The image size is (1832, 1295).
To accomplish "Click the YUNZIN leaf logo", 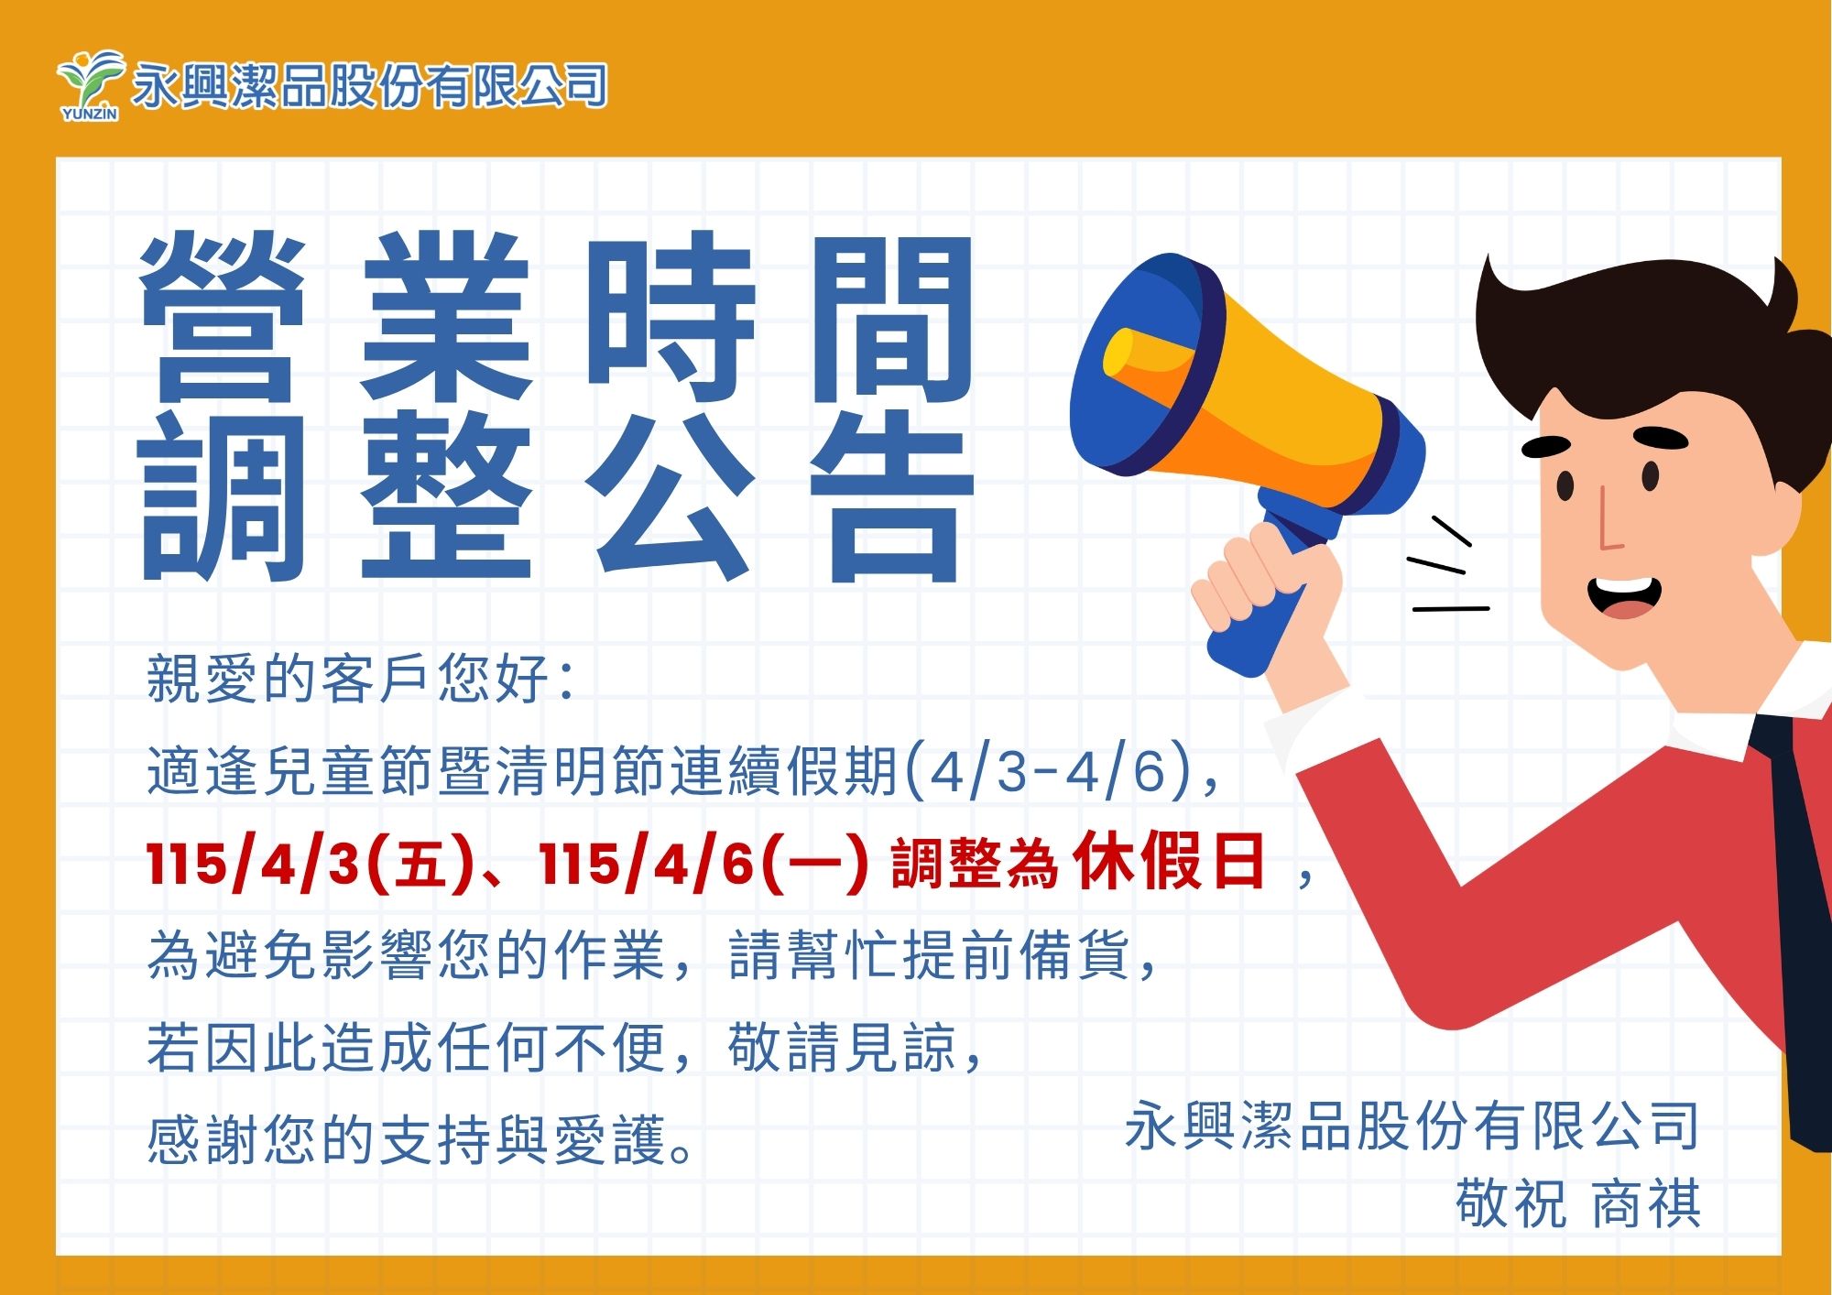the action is point(90,84).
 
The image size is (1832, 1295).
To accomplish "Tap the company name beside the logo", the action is point(370,86).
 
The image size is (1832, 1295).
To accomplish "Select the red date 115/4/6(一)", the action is point(703,862).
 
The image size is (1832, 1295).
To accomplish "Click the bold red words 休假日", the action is point(1170,861).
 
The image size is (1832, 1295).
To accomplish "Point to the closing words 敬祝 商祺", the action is point(1578,1202).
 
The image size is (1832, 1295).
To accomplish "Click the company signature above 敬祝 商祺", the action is point(1412,1126).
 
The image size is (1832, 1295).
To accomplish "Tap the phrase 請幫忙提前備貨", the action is point(930,955).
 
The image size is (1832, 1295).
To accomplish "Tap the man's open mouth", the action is point(1623,596).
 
